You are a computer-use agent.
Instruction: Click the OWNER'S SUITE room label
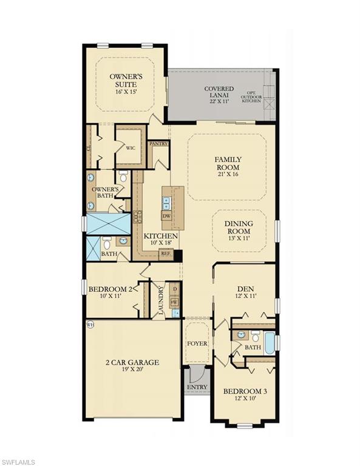click(x=125, y=77)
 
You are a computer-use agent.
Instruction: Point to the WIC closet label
click(x=130, y=147)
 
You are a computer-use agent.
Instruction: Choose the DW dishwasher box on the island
click(x=166, y=216)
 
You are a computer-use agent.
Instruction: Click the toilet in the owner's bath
click(x=123, y=177)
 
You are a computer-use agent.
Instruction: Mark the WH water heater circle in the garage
click(x=91, y=324)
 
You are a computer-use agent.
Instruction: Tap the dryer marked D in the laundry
click(x=175, y=289)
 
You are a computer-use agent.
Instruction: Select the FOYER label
click(x=197, y=343)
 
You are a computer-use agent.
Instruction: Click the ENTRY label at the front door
click(x=197, y=387)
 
